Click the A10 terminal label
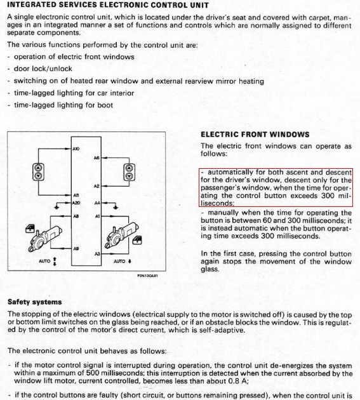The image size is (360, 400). (76, 149)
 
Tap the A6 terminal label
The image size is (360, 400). (97, 158)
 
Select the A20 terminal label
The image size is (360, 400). (76, 203)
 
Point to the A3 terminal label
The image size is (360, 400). (97, 254)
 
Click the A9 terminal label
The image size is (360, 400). (76, 248)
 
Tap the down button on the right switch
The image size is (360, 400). (129, 176)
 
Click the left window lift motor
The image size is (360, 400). (44, 239)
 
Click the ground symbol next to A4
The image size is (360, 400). (116, 207)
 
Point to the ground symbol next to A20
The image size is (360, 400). (57, 207)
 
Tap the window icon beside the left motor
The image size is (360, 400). (30, 229)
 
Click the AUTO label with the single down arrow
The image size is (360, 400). (123, 261)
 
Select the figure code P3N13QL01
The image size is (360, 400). (147, 276)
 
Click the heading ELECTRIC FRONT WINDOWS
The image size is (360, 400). (255, 135)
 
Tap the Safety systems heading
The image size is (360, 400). (35, 302)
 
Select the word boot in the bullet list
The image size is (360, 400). (105, 105)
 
